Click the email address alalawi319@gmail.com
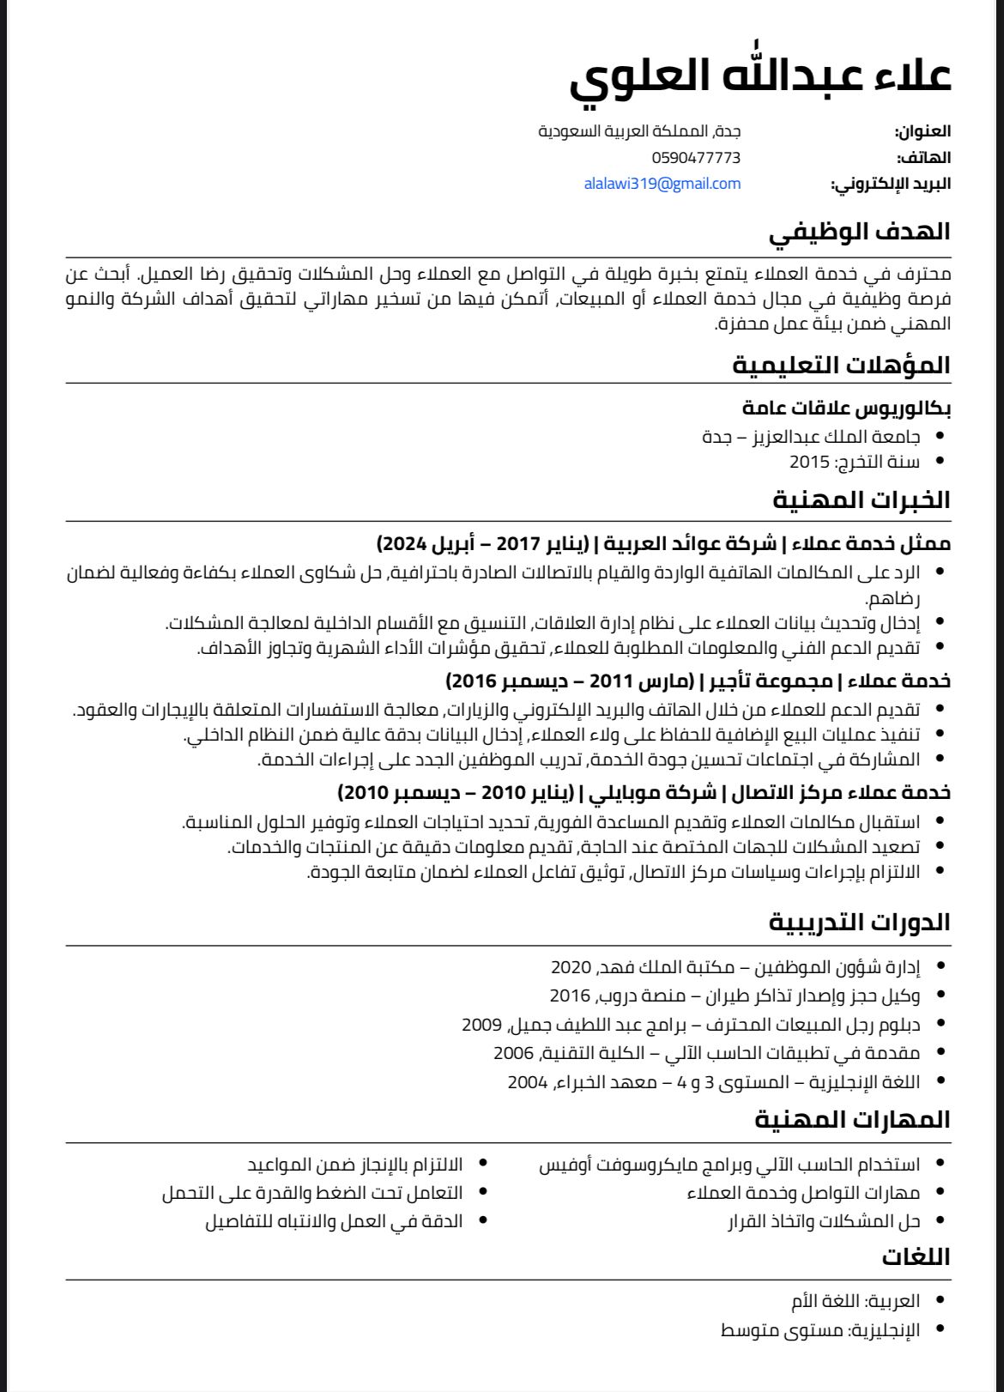662,184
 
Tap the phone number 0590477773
696,158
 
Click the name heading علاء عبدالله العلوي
760,76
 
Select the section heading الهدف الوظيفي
859,232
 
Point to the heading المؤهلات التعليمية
841,366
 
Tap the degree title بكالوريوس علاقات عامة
846,409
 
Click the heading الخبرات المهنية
862,500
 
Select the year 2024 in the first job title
401,544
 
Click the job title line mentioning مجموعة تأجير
698,681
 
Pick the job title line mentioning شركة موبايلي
644,792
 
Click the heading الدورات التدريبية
859,923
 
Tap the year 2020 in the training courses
572,967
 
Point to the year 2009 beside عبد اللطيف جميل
481,1024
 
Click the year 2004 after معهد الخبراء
527,1081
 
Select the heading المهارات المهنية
852,1120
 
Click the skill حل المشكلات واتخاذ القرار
824,1220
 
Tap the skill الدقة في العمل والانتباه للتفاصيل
333,1220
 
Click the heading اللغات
916,1257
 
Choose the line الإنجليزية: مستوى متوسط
820,1330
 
